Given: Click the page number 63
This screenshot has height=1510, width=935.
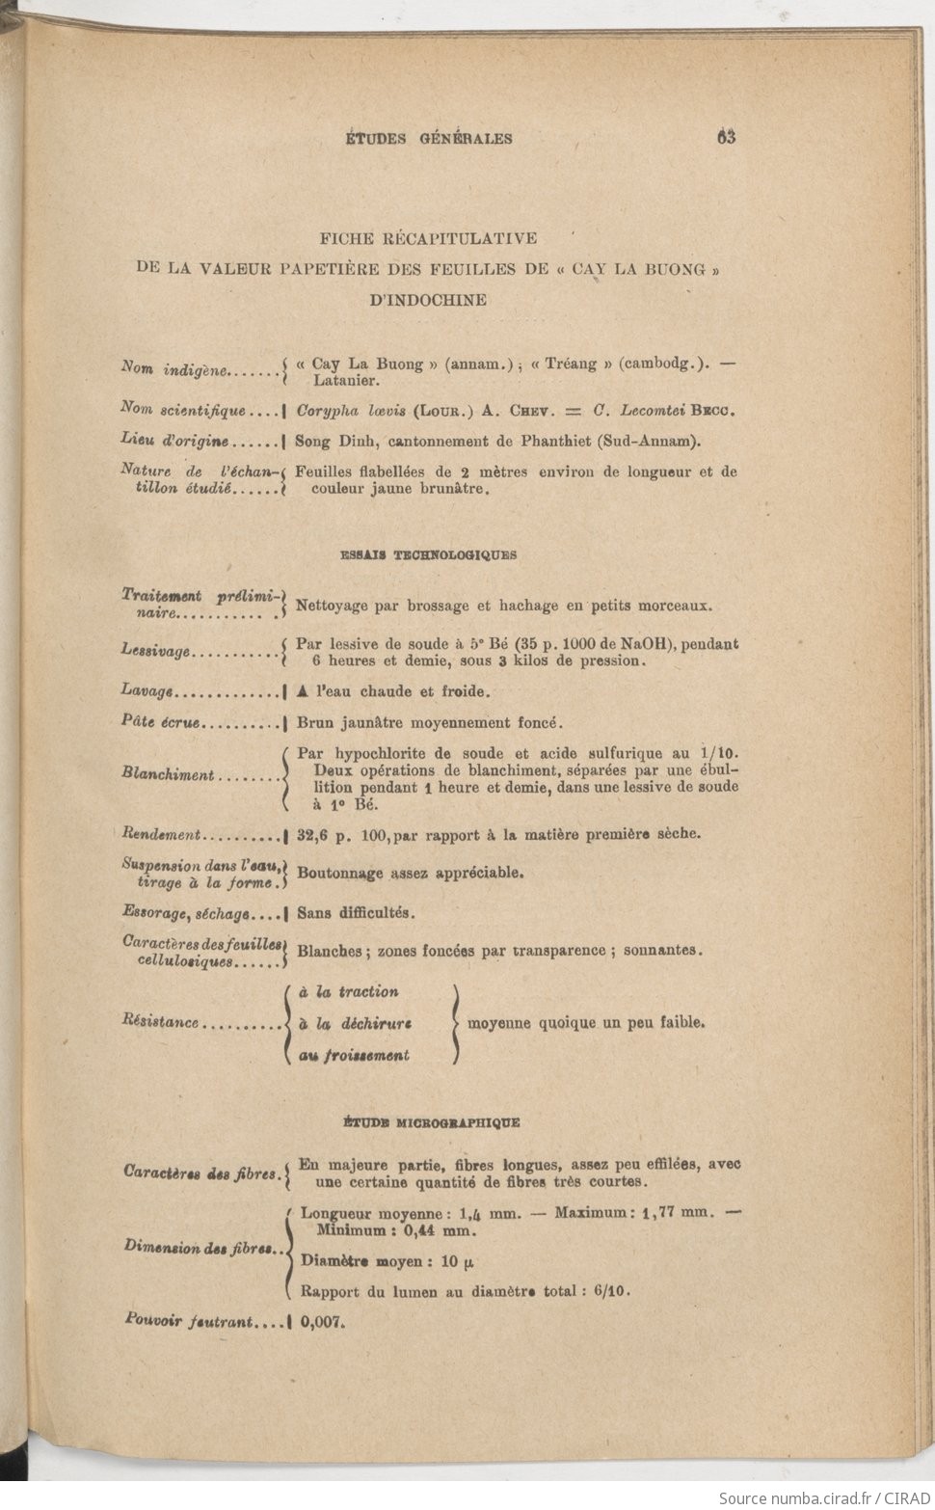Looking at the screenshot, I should pyautogui.click(x=726, y=137).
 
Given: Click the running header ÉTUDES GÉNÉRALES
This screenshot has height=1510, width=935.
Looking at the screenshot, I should pyautogui.click(x=429, y=139).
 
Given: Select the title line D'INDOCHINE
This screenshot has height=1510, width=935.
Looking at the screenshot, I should pyautogui.click(x=428, y=300).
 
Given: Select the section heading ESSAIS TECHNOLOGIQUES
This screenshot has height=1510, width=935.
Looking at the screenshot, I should pyautogui.click(x=429, y=555).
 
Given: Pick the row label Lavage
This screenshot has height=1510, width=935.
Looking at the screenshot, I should pyautogui.click(x=147, y=691).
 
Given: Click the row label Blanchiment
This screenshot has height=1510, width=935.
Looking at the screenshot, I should pyautogui.click(x=168, y=774).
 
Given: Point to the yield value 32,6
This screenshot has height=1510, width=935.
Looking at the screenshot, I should pyautogui.click(x=314, y=834).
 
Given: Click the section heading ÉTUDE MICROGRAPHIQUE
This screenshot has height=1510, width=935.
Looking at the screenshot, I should pyautogui.click(x=432, y=1122).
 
